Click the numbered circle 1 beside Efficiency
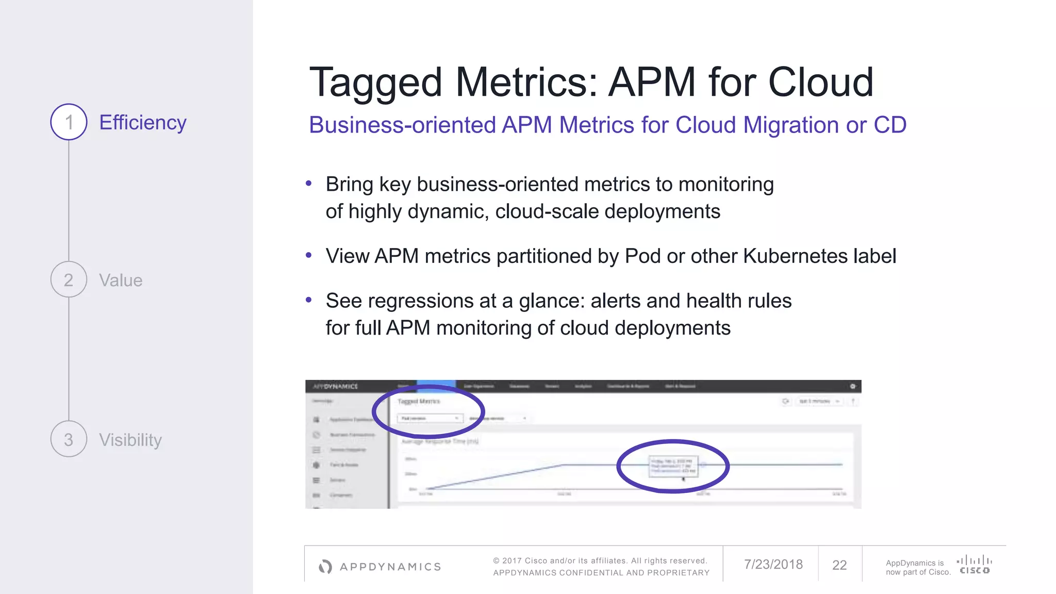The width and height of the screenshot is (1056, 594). pyautogui.click(x=69, y=122)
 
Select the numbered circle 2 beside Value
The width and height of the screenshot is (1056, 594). pyautogui.click(x=69, y=279)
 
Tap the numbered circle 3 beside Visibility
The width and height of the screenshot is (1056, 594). pyautogui.click(x=69, y=439)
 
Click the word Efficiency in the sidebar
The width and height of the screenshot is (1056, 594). pyautogui.click(x=143, y=123)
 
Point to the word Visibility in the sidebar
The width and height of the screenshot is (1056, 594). pyautogui.click(x=130, y=440)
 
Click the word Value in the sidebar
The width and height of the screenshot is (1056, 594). pyautogui.click(x=121, y=280)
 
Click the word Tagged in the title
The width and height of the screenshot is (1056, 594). pyautogui.click(x=375, y=82)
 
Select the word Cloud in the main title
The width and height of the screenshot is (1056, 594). pyautogui.click(x=821, y=82)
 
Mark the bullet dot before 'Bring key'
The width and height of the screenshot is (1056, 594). pyautogui.click(x=309, y=184)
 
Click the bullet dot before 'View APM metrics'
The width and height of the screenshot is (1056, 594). pyautogui.click(x=309, y=255)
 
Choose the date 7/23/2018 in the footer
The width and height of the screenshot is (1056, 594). pyautogui.click(x=773, y=565)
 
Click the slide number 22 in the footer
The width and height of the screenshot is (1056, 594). pyautogui.click(x=839, y=565)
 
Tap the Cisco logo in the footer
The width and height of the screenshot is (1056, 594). pyautogui.click(x=974, y=564)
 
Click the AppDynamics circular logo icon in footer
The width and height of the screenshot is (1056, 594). pyautogui.click(x=325, y=567)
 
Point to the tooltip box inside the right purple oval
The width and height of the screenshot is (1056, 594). pyautogui.click(x=673, y=466)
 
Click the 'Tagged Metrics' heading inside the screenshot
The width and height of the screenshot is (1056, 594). pyautogui.click(x=419, y=401)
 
